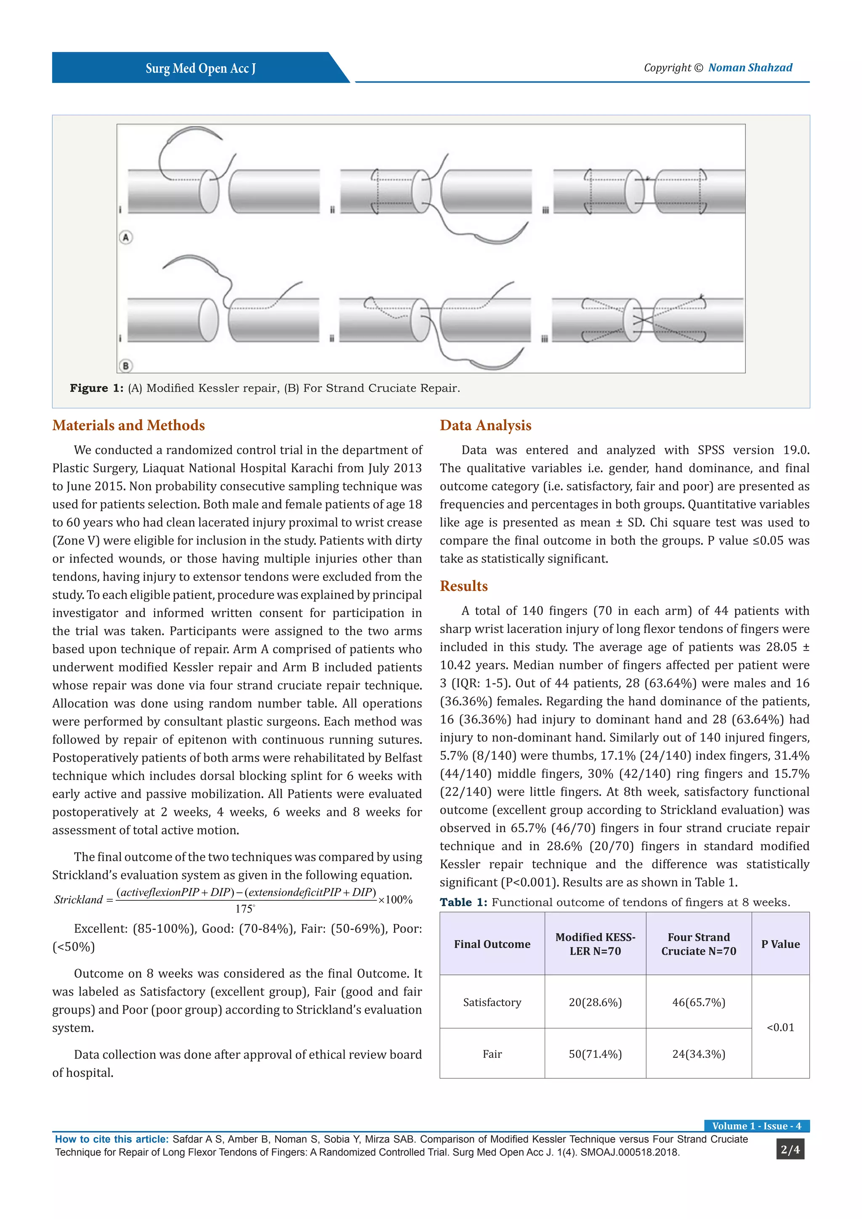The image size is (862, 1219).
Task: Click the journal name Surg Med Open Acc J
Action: (201, 69)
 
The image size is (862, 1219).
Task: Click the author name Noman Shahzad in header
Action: (750, 67)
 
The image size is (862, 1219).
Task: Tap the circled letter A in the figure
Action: (126, 237)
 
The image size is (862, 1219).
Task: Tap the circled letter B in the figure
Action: (126, 365)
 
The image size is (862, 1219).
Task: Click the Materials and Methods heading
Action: (128, 425)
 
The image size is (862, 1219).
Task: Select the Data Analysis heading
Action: (485, 425)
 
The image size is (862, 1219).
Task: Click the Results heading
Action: (463, 586)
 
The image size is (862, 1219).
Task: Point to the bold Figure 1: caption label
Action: (97, 388)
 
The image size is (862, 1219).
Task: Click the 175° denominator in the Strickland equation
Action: (245, 909)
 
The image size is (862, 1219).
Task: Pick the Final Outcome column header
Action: (492, 944)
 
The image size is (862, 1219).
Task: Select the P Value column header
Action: (780, 944)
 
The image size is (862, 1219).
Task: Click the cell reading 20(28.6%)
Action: (595, 1002)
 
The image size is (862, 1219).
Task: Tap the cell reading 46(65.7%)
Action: (699, 1002)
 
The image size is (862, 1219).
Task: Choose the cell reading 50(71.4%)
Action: (595, 1054)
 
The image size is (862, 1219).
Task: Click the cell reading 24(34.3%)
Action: (699, 1054)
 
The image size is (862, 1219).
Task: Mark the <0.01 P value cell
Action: (780, 1027)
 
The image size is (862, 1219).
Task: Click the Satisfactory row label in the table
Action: (492, 1002)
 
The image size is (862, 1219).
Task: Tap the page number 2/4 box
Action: (790, 1150)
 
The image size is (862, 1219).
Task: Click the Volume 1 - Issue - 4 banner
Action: (756, 1126)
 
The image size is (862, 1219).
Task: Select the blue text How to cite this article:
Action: (112, 1139)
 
